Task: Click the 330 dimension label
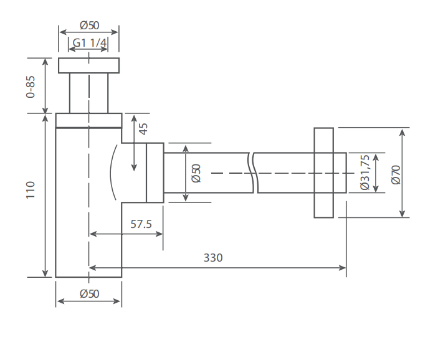[x=213, y=258]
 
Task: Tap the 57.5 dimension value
[x=141, y=224]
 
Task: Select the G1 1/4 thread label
[x=89, y=43]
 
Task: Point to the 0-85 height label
[x=31, y=87]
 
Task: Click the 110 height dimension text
[x=31, y=190]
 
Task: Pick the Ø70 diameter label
[x=396, y=174]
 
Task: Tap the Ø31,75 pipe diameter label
[x=365, y=173]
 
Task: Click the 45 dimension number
[x=143, y=129]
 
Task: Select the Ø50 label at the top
[x=90, y=26]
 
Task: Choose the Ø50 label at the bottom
[x=90, y=294]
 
